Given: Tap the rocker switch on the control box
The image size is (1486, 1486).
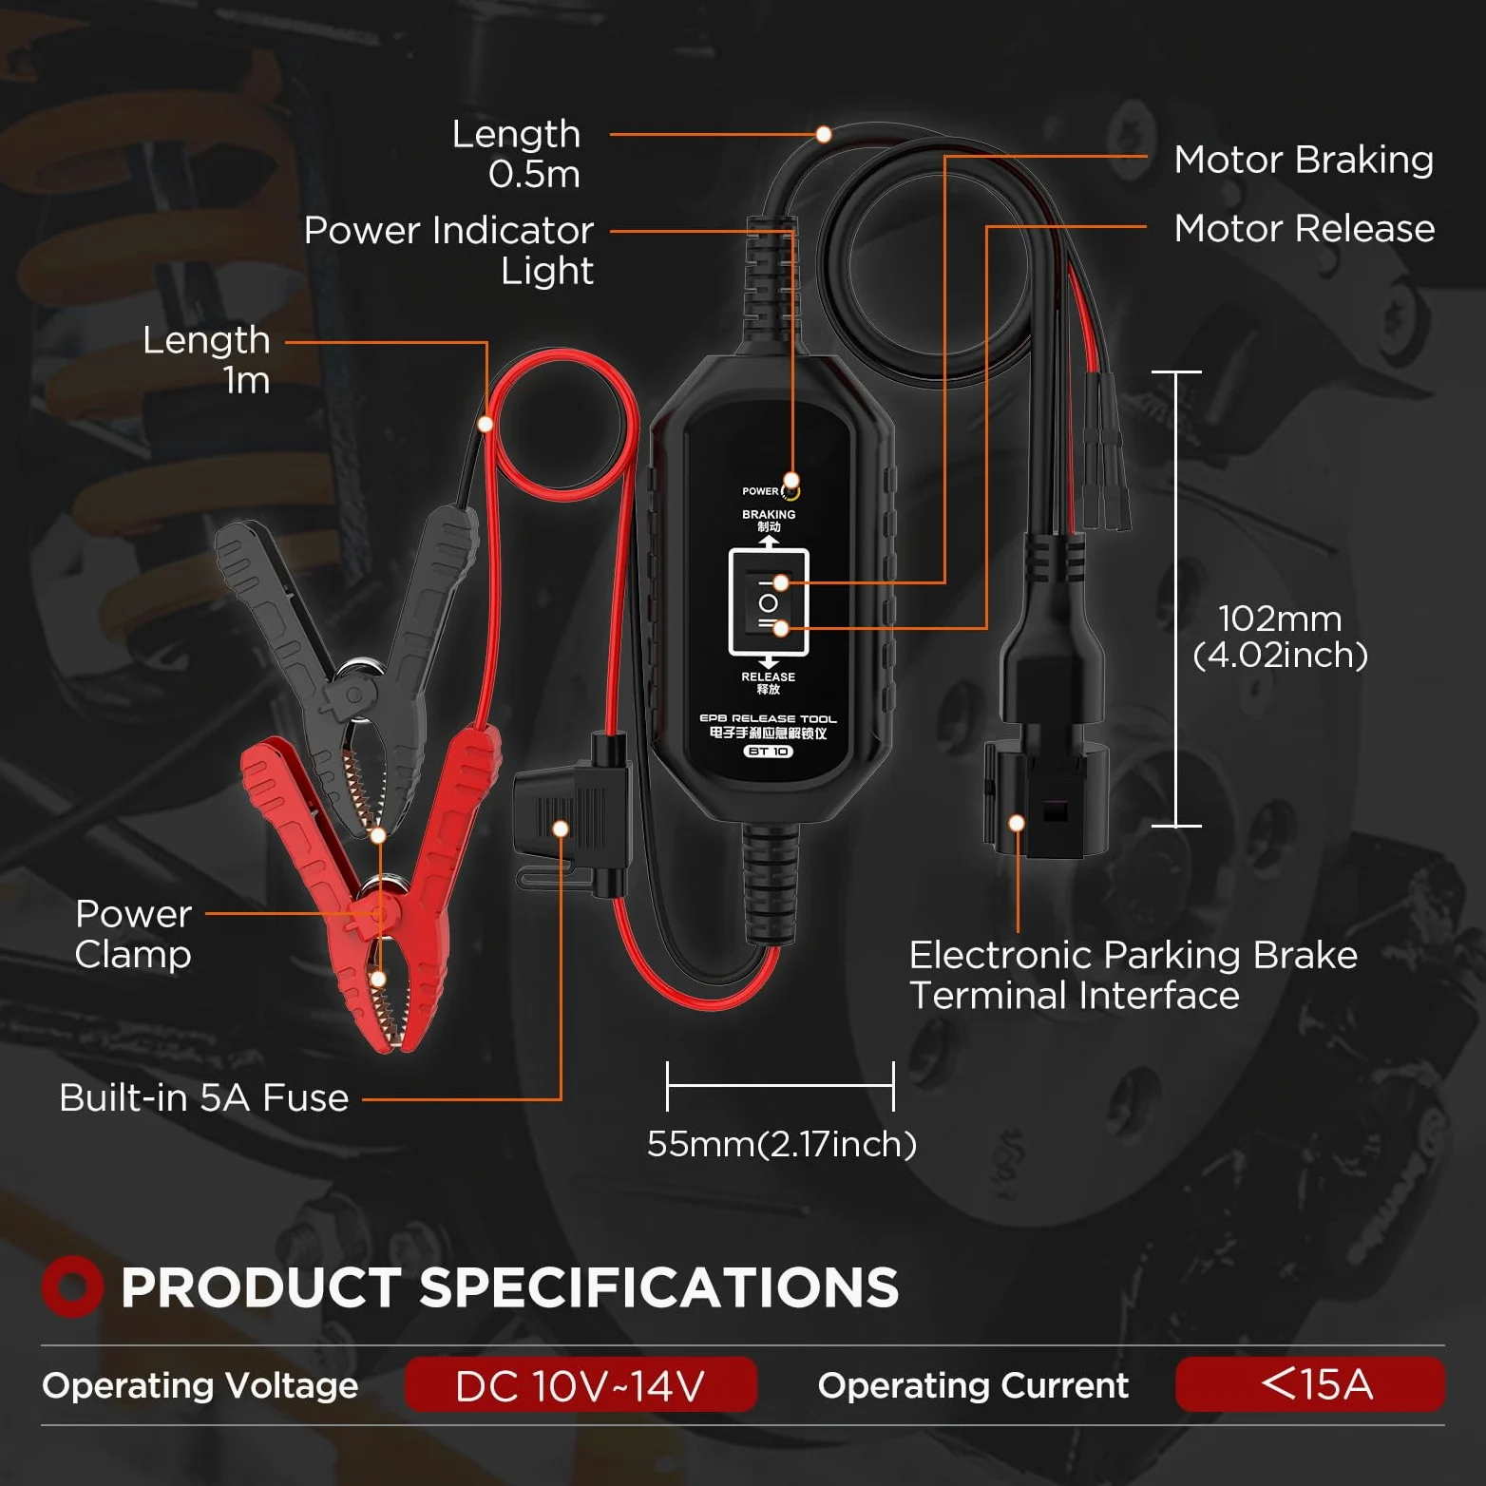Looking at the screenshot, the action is (x=769, y=602).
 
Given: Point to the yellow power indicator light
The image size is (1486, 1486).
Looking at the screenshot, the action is (x=791, y=490).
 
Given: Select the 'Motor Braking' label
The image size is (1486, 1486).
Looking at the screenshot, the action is (x=1304, y=160).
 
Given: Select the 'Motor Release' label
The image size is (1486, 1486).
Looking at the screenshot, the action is (x=1305, y=228).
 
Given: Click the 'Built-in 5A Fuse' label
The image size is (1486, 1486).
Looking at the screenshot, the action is (x=204, y=1097).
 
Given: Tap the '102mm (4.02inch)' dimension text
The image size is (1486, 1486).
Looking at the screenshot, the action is (x=1280, y=637).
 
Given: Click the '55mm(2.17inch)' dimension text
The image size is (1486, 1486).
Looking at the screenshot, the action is (x=782, y=1144).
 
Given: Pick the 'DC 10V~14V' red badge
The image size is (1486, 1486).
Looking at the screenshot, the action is (x=581, y=1385).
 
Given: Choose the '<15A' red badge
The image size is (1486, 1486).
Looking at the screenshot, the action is (x=1310, y=1384).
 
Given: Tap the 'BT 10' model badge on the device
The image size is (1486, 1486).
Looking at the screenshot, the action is (x=769, y=752).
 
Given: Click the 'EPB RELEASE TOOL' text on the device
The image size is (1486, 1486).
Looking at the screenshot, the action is (x=769, y=718).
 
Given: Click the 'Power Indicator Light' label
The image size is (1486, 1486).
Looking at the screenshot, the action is (x=448, y=250).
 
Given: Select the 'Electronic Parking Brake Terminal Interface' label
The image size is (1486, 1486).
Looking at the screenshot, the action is (x=1133, y=975).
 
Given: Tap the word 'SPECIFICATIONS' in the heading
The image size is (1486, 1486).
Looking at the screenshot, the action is (x=658, y=1287).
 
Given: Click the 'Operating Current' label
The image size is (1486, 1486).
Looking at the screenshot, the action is (x=973, y=1385).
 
